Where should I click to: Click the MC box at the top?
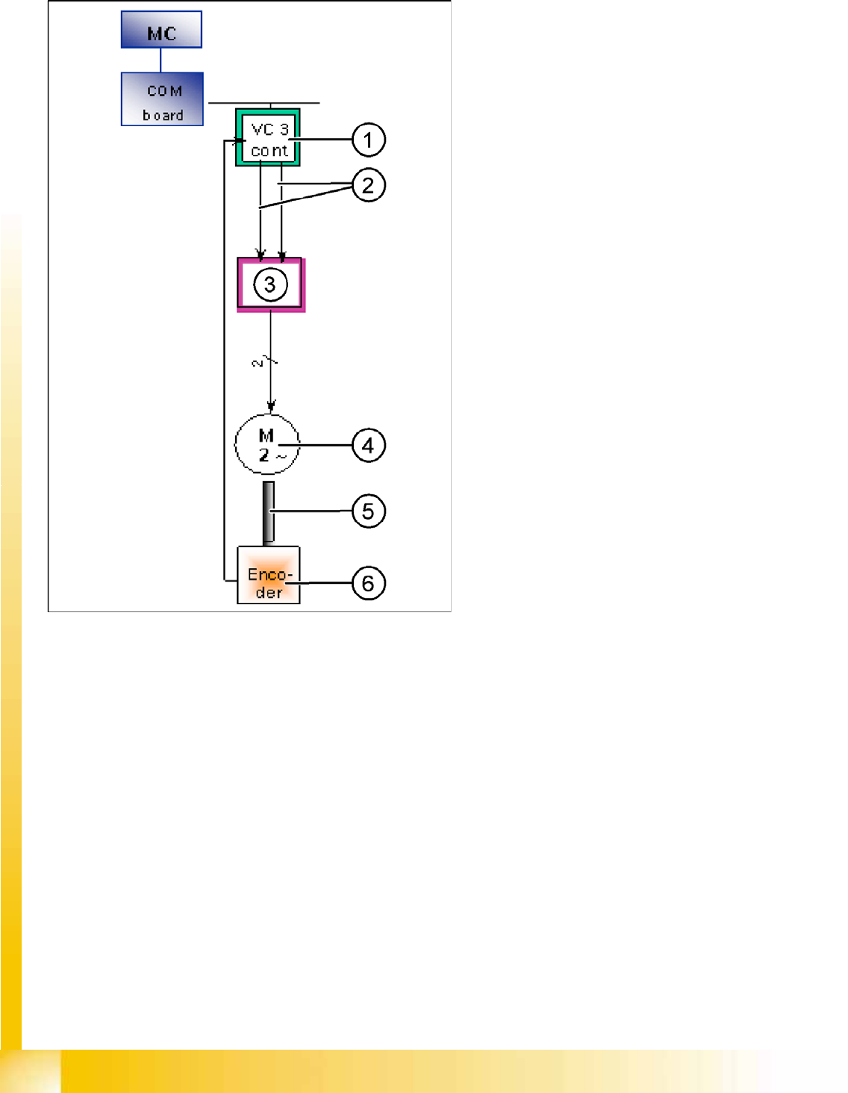pos(161,30)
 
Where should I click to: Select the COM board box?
pos(162,99)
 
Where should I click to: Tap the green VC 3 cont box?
pos(267,137)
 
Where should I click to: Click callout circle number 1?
pos(368,140)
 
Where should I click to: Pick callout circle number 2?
pos(368,185)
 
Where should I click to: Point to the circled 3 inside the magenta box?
pos(270,284)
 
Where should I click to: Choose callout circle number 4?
pos(368,446)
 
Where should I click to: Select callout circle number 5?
pos(368,511)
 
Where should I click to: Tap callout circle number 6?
pos(368,583)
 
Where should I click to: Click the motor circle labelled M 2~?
pos(267,445)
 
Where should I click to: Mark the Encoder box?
pos(268,575)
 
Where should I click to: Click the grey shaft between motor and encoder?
pos(268,513)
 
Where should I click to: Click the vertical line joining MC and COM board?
pos(160,60)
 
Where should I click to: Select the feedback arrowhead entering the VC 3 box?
pos(240,140)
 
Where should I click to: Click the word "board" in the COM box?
pos(163,116)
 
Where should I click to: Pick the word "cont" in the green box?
pos(269,151)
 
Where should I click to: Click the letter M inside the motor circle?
pos(266,435)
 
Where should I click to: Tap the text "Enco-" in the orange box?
pos(269,574)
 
